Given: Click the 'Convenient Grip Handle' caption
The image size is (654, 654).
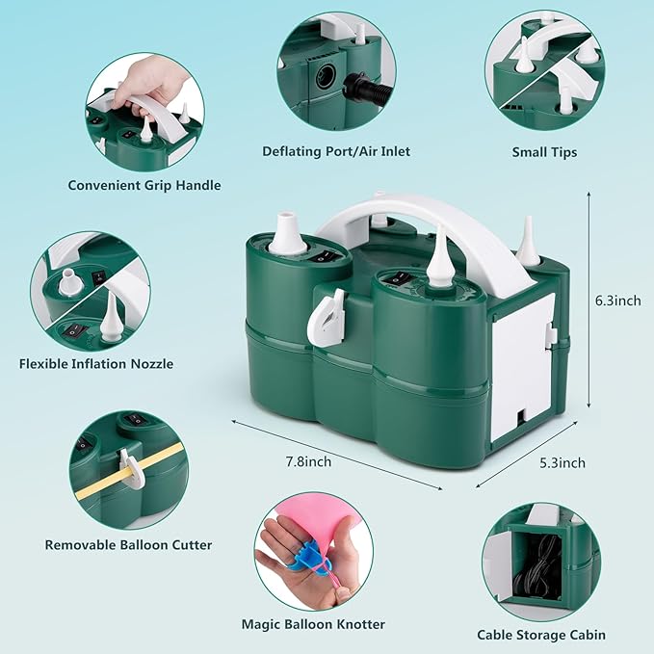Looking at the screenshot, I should [144, 185].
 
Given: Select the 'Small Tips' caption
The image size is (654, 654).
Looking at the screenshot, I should [544, 151].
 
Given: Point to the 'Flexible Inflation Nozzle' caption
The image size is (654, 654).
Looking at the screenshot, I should [96, 363].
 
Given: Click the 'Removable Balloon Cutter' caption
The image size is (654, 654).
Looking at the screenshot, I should [128, 544].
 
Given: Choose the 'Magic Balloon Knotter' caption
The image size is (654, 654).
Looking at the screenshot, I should [314, 624].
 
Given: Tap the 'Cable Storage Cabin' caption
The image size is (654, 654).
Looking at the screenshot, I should [541, 635].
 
